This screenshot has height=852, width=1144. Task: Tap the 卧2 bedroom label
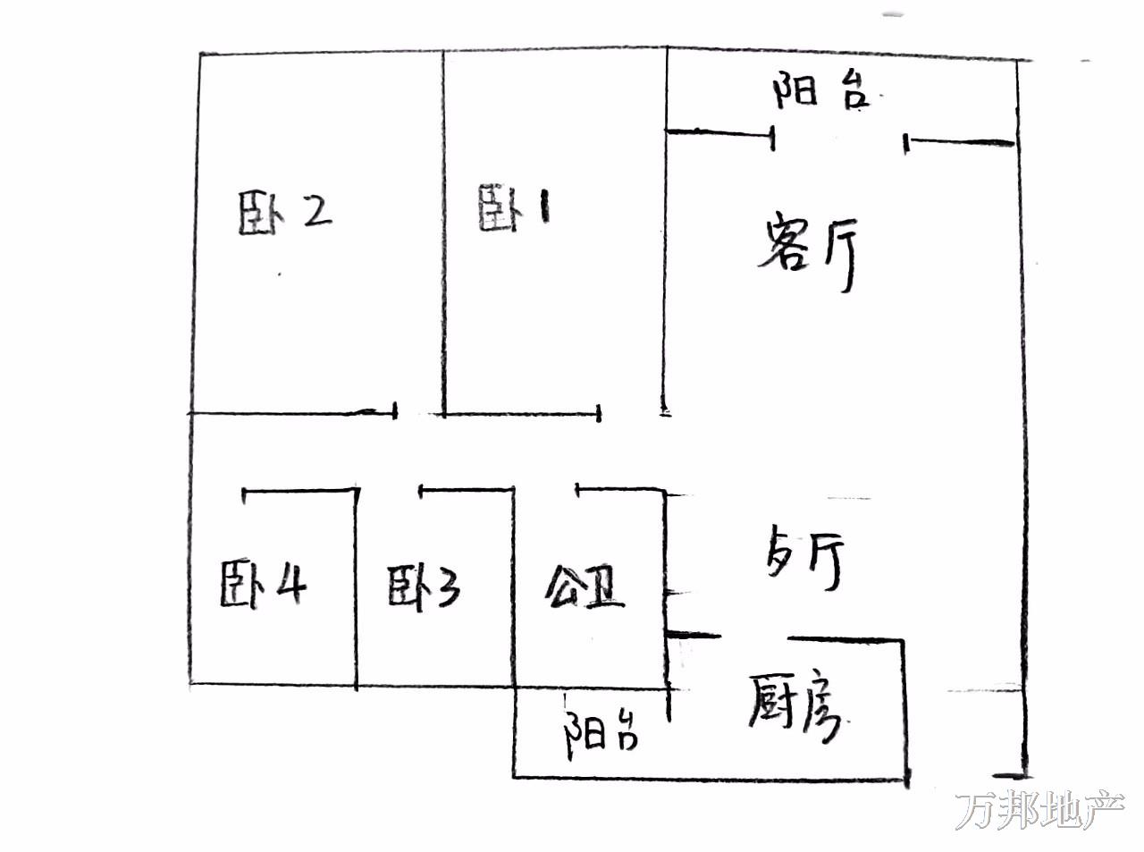(285, 213)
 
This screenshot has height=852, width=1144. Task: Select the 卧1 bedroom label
(514, 208)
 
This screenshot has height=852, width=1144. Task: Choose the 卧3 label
(424, 587)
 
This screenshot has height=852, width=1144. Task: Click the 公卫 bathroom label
(585, 587)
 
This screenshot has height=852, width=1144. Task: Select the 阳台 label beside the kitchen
(601, 733)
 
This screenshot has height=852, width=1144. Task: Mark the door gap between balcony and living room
(840, 139)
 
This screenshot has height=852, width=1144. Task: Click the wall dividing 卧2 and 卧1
(443, 232)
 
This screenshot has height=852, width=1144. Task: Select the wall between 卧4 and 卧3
(356, 587)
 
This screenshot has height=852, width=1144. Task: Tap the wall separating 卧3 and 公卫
(514, 587)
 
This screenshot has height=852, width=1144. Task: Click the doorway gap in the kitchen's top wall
(754, 637)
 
